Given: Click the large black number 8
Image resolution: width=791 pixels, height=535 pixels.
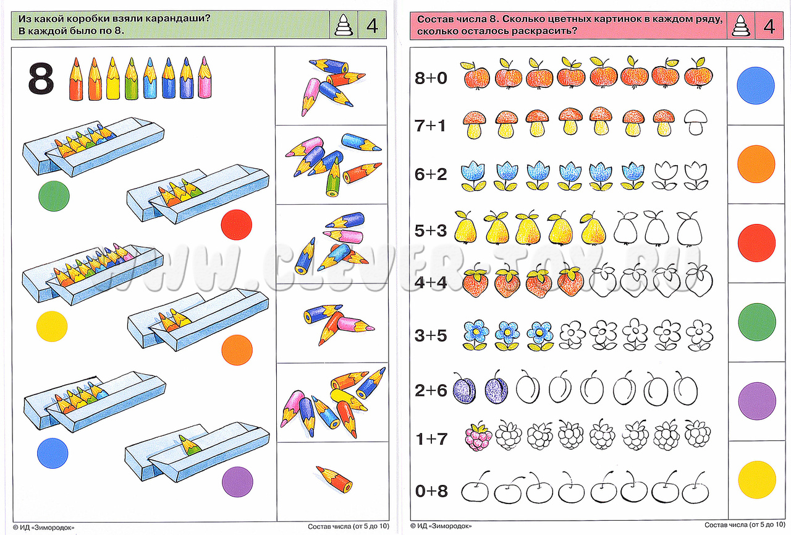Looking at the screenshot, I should click(x=41, y=79).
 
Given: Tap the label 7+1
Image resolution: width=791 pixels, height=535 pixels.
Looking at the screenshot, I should click(x=431, y=126).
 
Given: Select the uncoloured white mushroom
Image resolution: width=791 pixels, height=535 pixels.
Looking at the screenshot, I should click(x=696, y=122).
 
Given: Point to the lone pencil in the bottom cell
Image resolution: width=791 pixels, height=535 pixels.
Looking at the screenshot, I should click(x=334, y=477).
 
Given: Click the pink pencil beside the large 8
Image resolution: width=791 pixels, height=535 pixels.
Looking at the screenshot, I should click(x=205, y=77).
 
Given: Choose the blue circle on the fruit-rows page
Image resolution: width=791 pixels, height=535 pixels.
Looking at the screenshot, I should click(x=756, y=85).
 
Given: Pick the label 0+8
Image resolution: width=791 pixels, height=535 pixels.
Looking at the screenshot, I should click(x=431, y=492).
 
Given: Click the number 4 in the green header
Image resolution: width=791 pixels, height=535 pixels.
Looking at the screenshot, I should click(x=372, y=26).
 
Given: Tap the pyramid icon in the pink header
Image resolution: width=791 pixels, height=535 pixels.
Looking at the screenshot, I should click(x=739, y=26).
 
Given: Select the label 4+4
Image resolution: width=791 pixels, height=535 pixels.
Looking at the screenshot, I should click(x=431, y=282).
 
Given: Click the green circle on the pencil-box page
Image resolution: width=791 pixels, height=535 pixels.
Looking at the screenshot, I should click(x=54, y=195).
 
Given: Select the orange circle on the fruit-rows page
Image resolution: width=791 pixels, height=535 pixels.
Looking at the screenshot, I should click(x=756, y=163).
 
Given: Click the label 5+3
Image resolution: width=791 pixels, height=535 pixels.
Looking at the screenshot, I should click(x=431, y=230).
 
